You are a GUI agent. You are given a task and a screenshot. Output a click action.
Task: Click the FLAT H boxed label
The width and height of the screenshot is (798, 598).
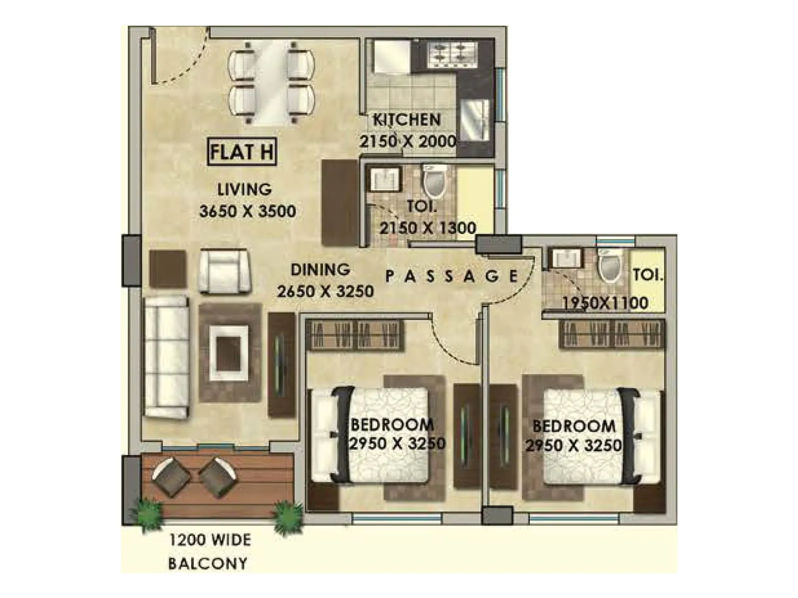coord(241,152)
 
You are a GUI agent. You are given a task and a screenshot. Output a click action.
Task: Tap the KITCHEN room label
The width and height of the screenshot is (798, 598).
coord(407,120)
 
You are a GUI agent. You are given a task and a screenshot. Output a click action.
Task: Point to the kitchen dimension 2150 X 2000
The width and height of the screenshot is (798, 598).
coord(407,141)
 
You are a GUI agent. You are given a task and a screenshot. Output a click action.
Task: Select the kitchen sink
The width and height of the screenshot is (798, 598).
coord(474,120)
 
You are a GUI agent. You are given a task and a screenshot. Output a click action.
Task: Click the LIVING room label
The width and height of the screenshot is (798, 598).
coord(244,189)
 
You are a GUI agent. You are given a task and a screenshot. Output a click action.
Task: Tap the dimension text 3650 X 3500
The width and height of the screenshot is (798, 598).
coord(247,211)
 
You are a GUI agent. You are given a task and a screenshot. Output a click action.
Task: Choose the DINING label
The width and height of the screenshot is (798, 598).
coord(320,270)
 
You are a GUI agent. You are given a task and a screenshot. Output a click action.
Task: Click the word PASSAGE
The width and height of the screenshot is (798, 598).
coord(452,276)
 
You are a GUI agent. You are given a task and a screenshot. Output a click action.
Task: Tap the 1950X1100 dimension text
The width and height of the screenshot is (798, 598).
coord(605,302)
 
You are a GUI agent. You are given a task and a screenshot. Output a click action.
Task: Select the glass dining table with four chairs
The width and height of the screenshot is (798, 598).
coord(271,82)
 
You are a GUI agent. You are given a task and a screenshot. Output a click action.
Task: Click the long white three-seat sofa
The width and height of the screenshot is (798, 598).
coord(167,356)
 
